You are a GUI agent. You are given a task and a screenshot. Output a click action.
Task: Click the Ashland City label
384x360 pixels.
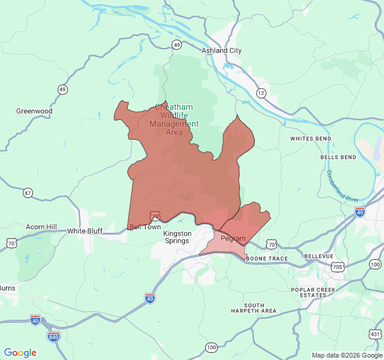pyautogui.click(x=221, y=50)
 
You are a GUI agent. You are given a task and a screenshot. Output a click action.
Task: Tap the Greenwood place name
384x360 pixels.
pyautogui.click(x=34, y=111)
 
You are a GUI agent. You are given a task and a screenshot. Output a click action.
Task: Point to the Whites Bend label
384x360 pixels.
pyautogui.click(x=310, y=139)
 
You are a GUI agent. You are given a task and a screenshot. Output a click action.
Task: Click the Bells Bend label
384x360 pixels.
pyautogui.click(x=338, y=157)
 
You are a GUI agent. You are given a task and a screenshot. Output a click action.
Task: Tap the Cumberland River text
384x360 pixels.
pyautogui.click(x=342, y=187)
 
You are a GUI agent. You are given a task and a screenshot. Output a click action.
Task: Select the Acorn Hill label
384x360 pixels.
pyautogui.click(x=41, y=227)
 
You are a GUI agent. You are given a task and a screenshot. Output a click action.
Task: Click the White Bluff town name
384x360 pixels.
pyautogui.click(x=85, y=231)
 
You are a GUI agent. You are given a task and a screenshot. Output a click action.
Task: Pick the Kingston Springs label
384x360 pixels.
pyautogui.click(x=178, y=237)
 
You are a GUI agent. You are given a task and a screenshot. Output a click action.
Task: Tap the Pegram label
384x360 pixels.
pyautogui.click(x=233, y=239)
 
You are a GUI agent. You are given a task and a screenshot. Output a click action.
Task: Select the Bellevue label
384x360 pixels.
pyautogui.click(x=318, y=256)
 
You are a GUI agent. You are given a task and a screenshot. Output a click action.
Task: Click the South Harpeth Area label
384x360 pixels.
pyautogui.click(x=254, y=308)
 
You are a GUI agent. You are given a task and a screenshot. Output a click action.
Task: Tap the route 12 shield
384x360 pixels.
pyautogui.click(x=260, y=93)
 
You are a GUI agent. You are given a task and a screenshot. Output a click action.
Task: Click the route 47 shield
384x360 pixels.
pyautogui.click(x=28, y=193)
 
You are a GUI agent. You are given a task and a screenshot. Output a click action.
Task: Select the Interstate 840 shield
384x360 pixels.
pyautogui.click(x=53, y=336)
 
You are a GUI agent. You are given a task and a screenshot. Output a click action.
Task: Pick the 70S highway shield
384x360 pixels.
pyautogui.click(x=339, y=266)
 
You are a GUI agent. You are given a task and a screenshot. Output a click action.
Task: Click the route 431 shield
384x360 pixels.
pyautogui.click(x=375, y=334)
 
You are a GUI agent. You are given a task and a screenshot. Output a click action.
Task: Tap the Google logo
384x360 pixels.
pyautogui.click(x=20, y=353)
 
